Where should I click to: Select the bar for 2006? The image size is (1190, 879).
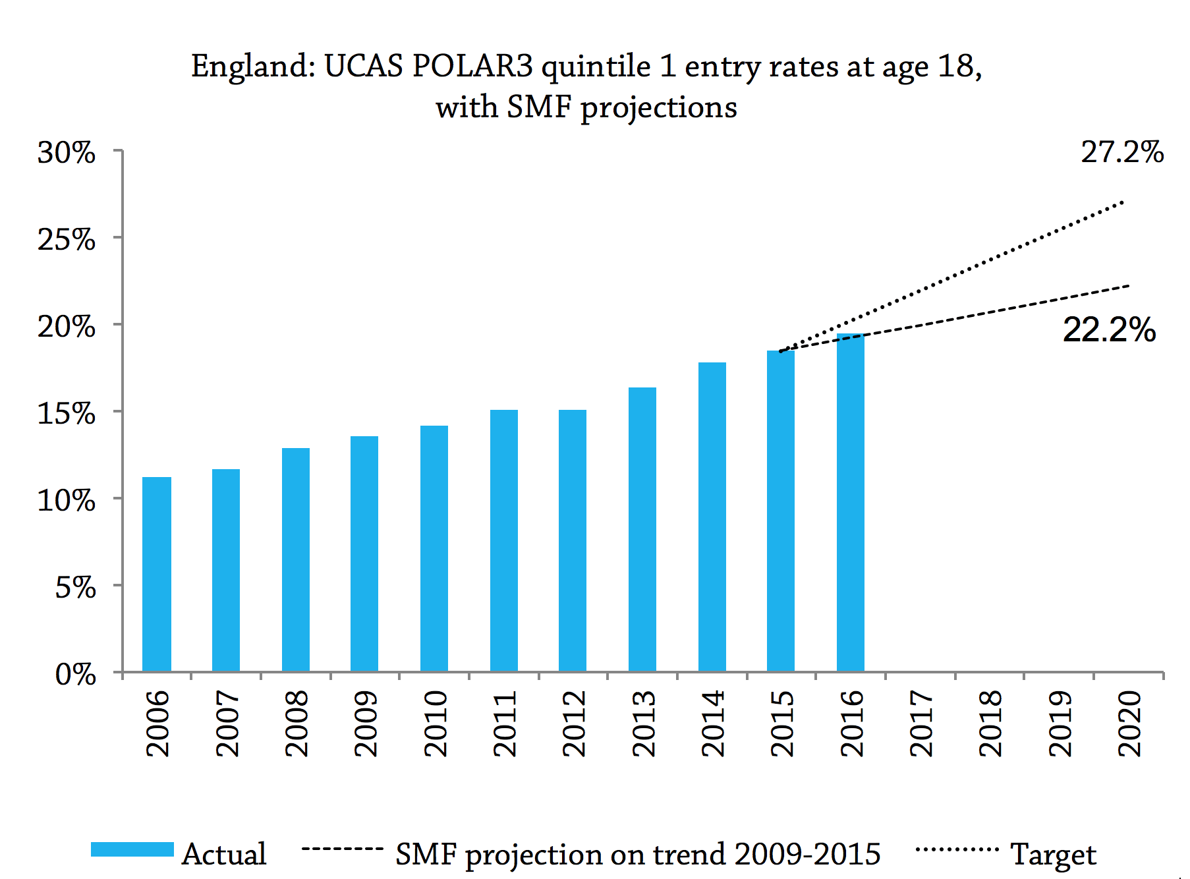click(157, 574)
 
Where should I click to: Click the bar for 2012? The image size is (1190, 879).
click(573, 540)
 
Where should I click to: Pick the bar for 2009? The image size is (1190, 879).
click(364, 553)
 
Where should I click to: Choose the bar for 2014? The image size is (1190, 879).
click(712, 517)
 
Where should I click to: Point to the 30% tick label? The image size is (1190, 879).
click(67, 154)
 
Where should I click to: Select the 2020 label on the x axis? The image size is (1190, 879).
click(1129, 723)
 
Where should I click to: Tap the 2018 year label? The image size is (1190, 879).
click(990, 723)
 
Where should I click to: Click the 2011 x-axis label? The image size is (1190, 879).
click(504, 723)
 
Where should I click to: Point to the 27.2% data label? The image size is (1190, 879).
click(1122, 153)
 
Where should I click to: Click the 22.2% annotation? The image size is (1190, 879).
click(1109, 329)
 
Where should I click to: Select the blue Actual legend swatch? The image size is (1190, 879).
click(132, 849)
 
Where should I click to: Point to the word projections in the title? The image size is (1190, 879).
click(658, 107)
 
